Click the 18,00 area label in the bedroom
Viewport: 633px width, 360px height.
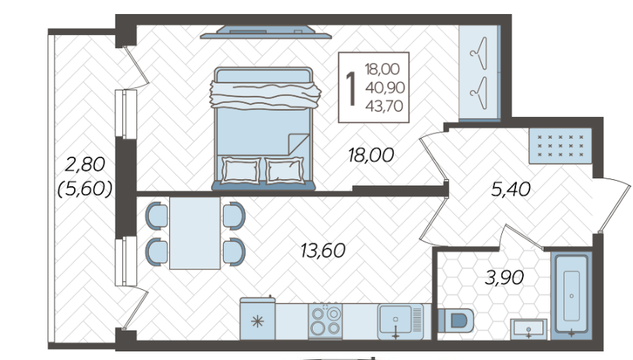coord(371,155)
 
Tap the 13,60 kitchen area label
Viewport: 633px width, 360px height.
coord(323,251)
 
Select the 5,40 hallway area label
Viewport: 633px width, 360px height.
coord(511,189)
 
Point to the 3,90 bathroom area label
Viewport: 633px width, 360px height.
coord(504,277)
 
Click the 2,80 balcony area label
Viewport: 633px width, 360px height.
coord(85,164)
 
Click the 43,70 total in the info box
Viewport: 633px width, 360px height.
coord(384,106)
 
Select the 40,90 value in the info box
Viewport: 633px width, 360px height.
coord(385,87)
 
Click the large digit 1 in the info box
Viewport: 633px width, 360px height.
coord(352,89)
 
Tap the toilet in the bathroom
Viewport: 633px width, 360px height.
coord(456,320)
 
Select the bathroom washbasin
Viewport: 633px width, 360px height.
coord(529,330)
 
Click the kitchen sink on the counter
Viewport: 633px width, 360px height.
coord(401,322)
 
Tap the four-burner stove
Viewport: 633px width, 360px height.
coord(325,321)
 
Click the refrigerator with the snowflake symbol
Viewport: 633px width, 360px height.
coord(257,319)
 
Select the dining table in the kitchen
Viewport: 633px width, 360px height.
coord(195,233)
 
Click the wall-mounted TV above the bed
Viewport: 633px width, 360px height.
coord(266,32)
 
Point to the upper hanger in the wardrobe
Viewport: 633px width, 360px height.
coord(479,52)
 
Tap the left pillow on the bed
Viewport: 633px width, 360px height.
coord(241,171)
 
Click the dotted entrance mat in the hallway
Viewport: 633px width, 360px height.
coord(561,146)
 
